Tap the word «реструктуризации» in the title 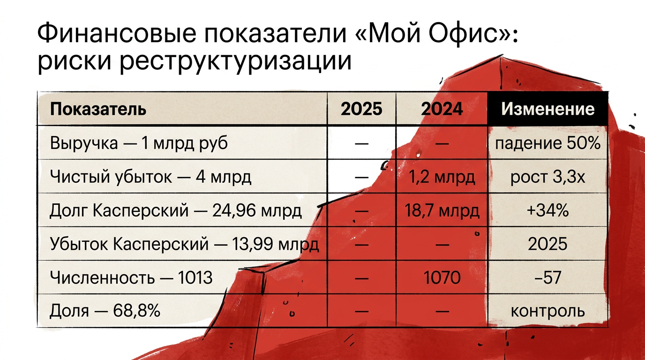coord(235,61)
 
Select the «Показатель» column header coord(98,109)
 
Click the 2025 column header coord(361,109)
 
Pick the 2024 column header coord(442,109)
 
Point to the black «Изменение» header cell coord(547,109)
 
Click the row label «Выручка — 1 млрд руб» coord(139,143)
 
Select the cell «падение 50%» coord(547,143)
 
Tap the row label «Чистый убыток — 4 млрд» coord(150,177)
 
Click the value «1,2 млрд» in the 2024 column coord(442,177)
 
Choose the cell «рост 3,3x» coord(547,177)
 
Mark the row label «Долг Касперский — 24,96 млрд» coord(176,210)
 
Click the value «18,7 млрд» coord(442,210)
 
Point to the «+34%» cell coord(547,210)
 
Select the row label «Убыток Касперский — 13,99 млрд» coord(184,244)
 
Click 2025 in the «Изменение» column coord(547,244)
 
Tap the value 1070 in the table coord(442,278)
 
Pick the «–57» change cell coord(547,278)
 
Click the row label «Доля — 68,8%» coord(105,311)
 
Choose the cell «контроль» coord(547,311)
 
